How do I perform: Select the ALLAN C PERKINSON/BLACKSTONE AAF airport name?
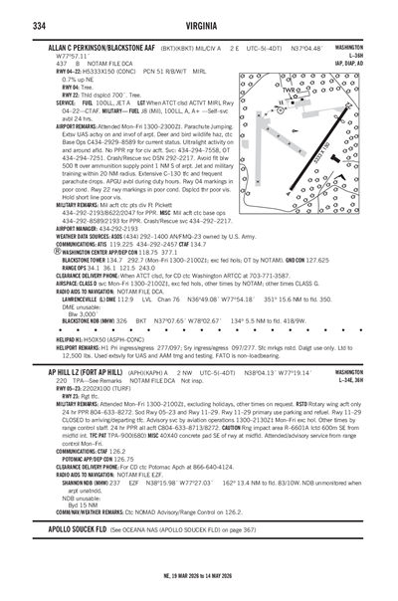[x=104, y=48]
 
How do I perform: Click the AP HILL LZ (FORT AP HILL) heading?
[x=84, y=370]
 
